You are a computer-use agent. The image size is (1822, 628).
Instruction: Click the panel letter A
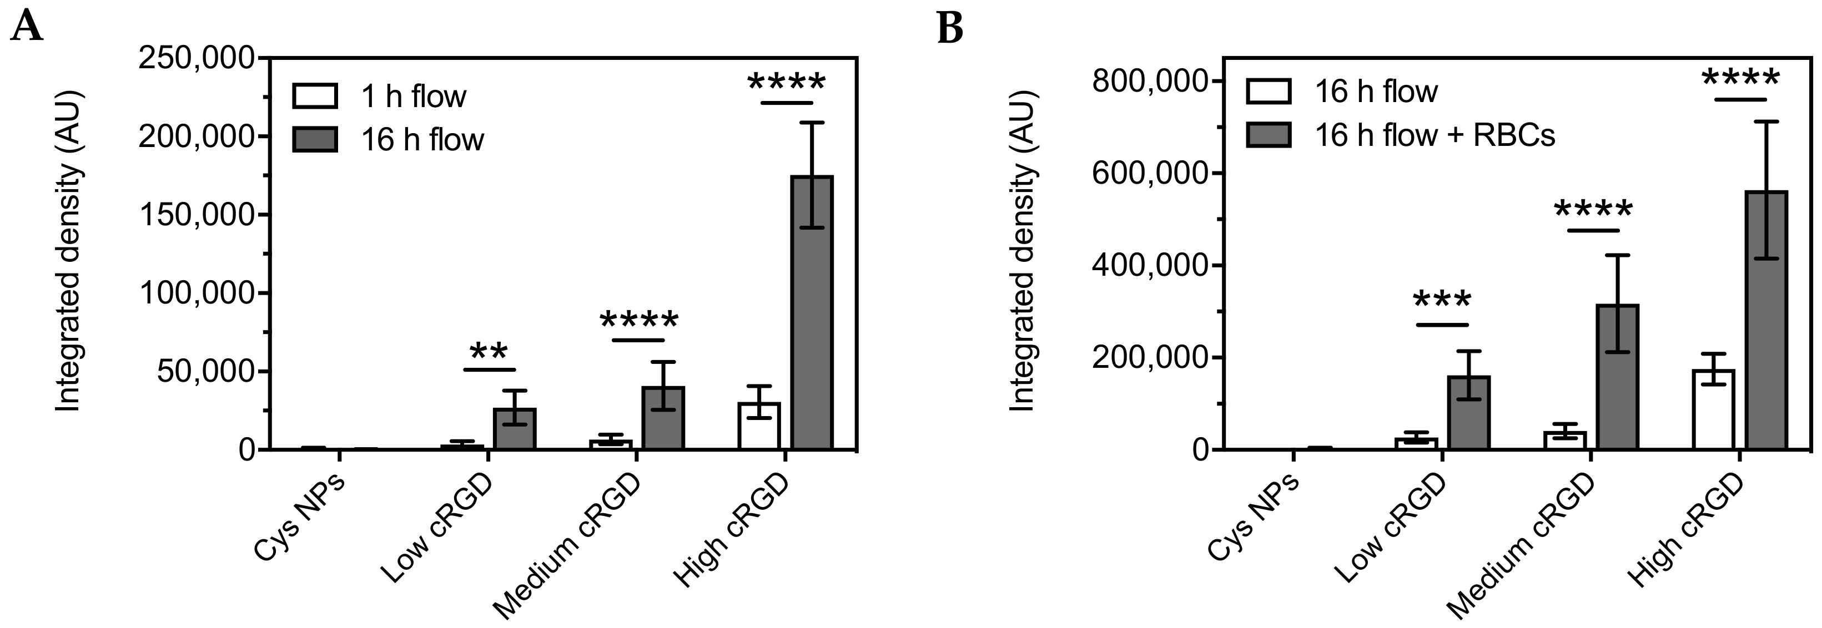point(27,28)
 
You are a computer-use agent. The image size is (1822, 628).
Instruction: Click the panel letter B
point(950,28)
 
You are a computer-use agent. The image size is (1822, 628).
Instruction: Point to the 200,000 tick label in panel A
point(195,136)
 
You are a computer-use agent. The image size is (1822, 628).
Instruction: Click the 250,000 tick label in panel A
point(195,58)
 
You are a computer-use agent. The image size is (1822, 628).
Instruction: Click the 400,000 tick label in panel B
point(1149,265)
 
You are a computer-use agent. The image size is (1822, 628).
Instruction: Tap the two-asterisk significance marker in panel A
point(490,352)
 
